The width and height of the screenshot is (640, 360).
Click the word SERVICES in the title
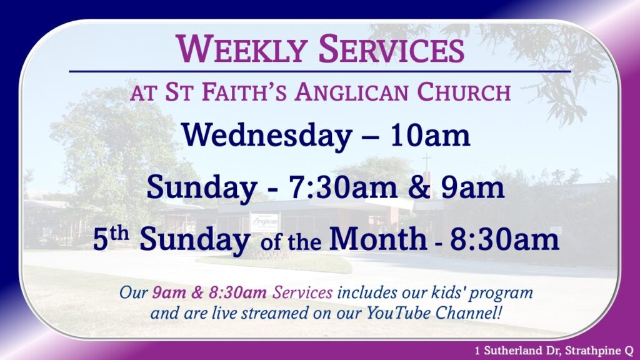point(391,49)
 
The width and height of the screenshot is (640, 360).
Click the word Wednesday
point(267,136)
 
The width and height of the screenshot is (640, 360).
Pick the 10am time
point(430,136)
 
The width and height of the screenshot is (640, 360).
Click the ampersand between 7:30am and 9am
point(419,187)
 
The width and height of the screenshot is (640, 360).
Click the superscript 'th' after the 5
point(119,234)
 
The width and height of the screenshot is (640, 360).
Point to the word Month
point(378,239)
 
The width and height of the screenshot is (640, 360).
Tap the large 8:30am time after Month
point(504,240)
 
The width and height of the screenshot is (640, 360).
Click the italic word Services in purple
point(302,292)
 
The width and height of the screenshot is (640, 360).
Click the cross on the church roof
point(426,163)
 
